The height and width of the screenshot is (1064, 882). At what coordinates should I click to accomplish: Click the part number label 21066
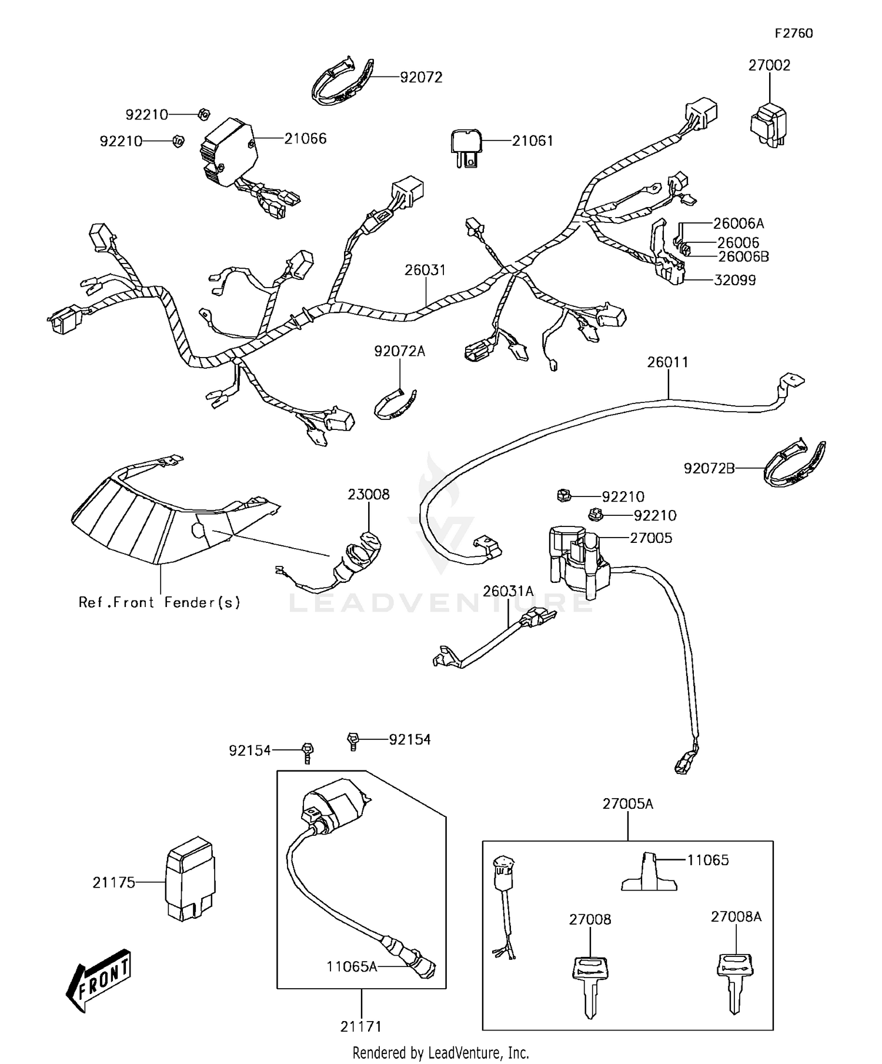click(x=305, y=139)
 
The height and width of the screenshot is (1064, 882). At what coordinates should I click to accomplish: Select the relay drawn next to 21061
click(x=466, y=148)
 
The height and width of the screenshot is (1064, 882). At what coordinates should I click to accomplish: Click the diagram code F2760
click(x=793, y=34)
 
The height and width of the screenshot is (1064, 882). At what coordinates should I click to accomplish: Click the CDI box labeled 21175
click(x=190, y=880)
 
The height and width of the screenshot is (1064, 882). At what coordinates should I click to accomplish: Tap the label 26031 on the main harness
click(x=425, y=270)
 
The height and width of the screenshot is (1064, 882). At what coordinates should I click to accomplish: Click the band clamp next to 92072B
click(x=794, y=465)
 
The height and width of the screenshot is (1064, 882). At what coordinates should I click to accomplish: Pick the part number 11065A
click(x=352, y=966)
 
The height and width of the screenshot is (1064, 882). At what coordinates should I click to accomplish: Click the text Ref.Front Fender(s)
click(x=160, y=602)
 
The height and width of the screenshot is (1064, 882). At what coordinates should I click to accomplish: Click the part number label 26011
click(x=667, y=362)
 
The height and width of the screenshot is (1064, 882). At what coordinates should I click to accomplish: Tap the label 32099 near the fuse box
click(x=735, y=281)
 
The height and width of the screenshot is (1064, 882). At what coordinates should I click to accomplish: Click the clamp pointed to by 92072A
click(x=394, y=404)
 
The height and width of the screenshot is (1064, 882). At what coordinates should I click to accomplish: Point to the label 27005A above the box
click(x=627, y=804)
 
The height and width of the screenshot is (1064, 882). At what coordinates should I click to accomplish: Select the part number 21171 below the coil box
click(x=361, y=1026)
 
